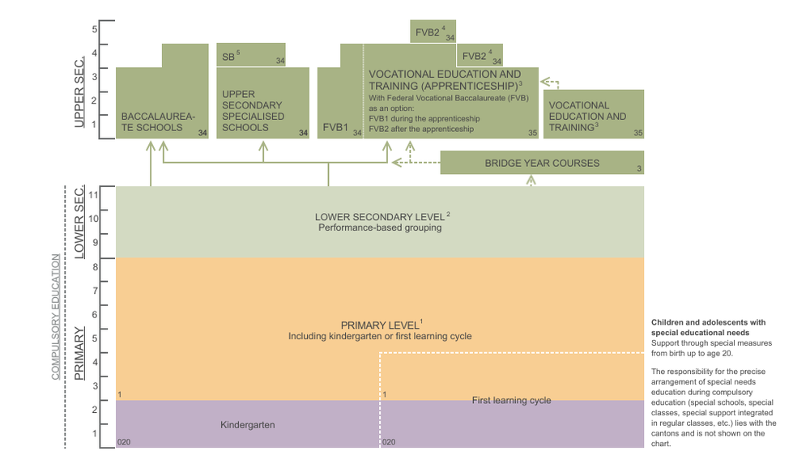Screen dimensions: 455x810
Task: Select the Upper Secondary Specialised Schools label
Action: pyautogui.click(x=253, y=110)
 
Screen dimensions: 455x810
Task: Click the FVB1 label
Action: pyautogui.click(x=335, y=127)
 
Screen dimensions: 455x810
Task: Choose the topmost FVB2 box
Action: pyautogui.click(x=432, y=32)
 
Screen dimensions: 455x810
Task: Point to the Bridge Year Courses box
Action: pyautogui.click(x=542, y=163)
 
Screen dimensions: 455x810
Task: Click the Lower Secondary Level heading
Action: pyautogui.click(x=382, y=217)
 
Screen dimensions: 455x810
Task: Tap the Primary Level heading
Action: pyautogui.click(x=380, y=325)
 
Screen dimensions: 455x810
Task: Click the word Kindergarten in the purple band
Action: pyautogui.click(x=247, y=424)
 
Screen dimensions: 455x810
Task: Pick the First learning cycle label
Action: pyautogui.click(x=511, y=400)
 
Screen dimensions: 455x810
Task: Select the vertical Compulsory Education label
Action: pyautogui.click(x=56, y=317)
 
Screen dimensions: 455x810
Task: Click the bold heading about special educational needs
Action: pyautogui.click(x=700, y=327)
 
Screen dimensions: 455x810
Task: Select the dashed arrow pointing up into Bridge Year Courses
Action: pyautogui.click(x=531, y=180)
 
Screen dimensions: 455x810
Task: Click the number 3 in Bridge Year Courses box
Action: pyautogui.click(x=638, y=168)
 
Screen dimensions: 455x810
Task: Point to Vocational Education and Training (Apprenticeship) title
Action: pyautogui.click(x=445, y=79)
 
